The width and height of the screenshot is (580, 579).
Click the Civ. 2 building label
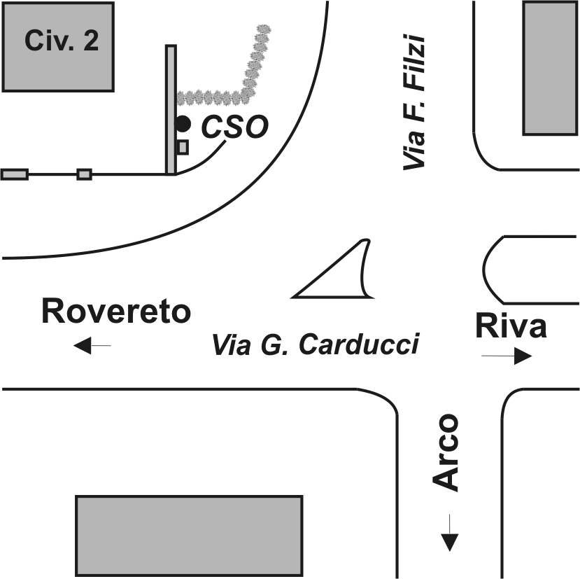(x=62, y=41)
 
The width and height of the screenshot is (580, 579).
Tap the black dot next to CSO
(x=183, y=124)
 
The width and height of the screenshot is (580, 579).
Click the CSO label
(x=234, y=127)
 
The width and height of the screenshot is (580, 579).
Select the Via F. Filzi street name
(x=414, y=102)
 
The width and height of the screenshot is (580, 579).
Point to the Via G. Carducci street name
(x=316, y=344)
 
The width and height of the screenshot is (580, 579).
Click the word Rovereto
(x=116, y=311)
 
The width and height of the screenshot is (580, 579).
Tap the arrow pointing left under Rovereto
(x=92, y=345)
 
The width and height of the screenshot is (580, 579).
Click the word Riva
(x=511, y=326)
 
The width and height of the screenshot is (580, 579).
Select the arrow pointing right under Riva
(x=507, y=356)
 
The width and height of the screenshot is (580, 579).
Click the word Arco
(x=446, y=453)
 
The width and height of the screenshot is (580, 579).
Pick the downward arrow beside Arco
(x=449, y=533)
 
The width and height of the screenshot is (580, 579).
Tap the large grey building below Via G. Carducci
(x=190, y=536)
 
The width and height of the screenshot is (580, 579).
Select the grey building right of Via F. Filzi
(x=551, y=68)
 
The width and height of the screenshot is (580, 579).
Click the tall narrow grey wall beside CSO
(x=171, y=110)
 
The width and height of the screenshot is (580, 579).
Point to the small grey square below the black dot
(x=183, y=147)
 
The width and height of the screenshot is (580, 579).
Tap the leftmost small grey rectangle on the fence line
(x=15, y=174)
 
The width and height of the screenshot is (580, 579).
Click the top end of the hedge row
(x=264, y=29)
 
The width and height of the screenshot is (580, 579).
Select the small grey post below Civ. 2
(x=85, y=174)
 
